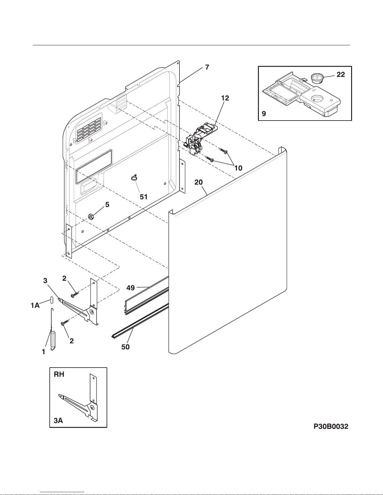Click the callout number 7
coord(207,67)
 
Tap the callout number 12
coord(225,98)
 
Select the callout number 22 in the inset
coord(340,75)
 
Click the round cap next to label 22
coord(317,78)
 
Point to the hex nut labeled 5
coord(90,216)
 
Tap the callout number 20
coord(199,182)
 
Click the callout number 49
coord(131,287)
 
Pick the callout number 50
coord(125,347)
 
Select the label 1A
coord(35,306)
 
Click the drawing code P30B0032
coord(331,427)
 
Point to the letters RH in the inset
coord(59,374)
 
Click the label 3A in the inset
coord(58,421)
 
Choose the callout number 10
coord(238,168)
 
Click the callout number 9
coord(264,114)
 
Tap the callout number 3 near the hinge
coord(45,281)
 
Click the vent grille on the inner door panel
coord(88,128)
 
